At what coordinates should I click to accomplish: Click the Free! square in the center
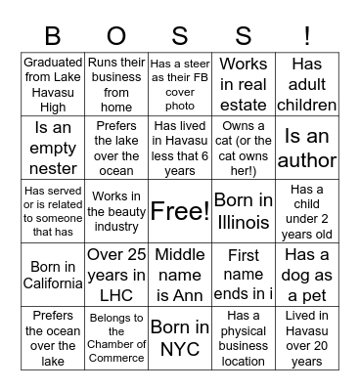pyautogui.click(x=179, y=210)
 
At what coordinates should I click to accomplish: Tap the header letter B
pyautogui.click(x=53, y=36)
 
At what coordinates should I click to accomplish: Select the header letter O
pyautogui.click(x=115, y=36)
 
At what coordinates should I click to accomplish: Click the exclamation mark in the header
pyautogui.click(x=307, y=36)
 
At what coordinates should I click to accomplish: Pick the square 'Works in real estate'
pyautogui.click(x=243, y=85)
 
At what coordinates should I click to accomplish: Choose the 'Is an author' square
pyautogui.click(x=307, y=148)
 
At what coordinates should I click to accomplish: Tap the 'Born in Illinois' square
pyautogui.click(x=243, y=210)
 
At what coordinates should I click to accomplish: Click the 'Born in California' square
pyautogui.click(x=53, y=273)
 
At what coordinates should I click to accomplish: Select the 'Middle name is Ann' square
pyautogui.click(x=179, y=273)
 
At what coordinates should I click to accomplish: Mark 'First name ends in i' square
pyautogui.click(x=243, y=273)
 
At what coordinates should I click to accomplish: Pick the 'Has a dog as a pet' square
pyautogui.click(x=307, y=273)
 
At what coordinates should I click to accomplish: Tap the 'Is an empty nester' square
pyautogui.click(x=53, y=148)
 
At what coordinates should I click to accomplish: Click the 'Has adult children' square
pyautogui.click(x=307, y=85)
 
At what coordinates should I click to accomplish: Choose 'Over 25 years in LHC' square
pyautogui.click(x=115, y=273)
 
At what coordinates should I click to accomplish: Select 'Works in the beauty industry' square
pyautogui.click(x=115, y=210)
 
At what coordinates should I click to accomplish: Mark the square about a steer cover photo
pyautogui.click(x=179, y=85)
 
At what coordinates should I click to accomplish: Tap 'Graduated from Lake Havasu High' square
pyautogui.click(x=53, y=85)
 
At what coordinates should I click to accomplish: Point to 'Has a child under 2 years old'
pyautogui.click(x=307, y=210)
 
